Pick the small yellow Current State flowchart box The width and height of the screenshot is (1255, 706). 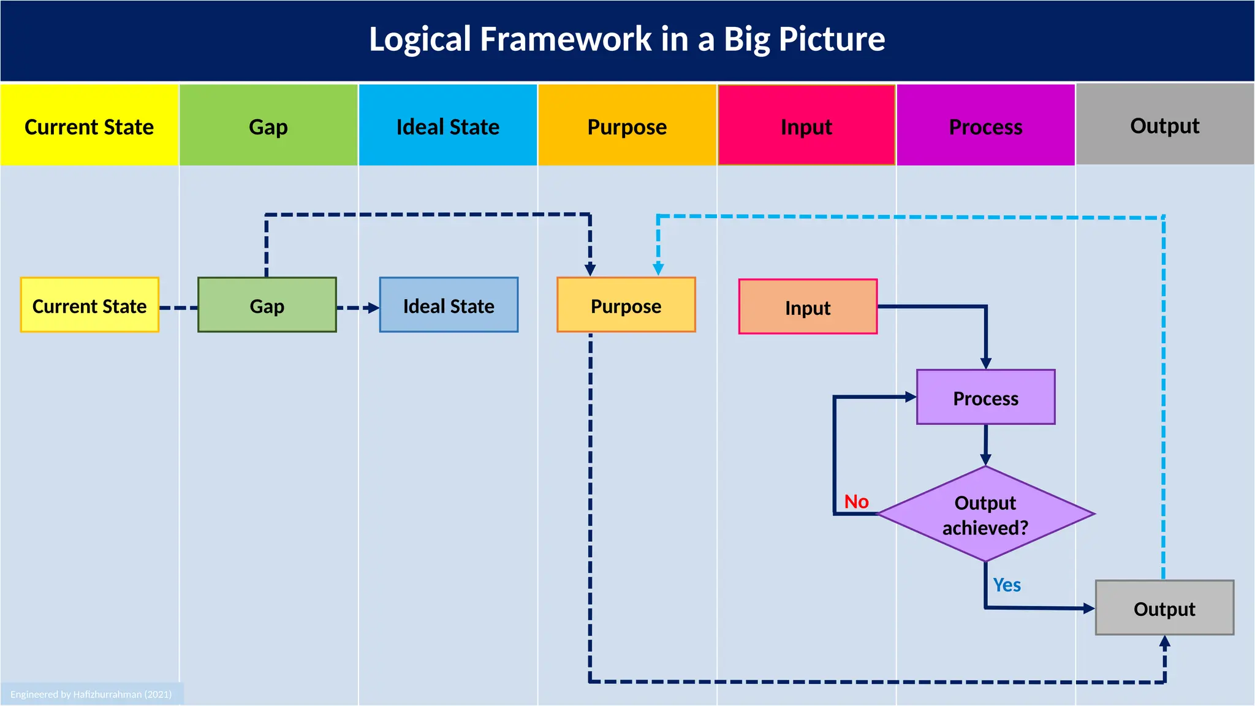coord(89,305)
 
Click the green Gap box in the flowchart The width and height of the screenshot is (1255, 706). coord(267,305)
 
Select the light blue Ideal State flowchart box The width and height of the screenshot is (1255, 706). coord(449,305)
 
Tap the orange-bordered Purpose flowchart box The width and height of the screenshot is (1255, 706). coord(626,305)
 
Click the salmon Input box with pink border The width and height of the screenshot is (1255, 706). coord(808,307)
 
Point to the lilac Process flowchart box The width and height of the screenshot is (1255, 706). coord(985,397)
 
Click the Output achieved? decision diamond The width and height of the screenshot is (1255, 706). coord(985,514)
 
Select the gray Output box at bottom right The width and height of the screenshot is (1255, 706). coord(1164,608)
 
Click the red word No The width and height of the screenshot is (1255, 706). coord(856,501)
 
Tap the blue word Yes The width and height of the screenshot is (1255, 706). coord(1006,585)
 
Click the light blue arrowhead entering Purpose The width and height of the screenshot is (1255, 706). coord(658,269)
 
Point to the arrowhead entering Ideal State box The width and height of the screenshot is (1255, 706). coord(373,308)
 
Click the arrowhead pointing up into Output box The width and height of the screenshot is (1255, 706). coord(1165,642)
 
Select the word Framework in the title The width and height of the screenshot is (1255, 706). coord(566,39)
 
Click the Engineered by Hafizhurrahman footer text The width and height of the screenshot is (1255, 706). coord(91,694)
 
